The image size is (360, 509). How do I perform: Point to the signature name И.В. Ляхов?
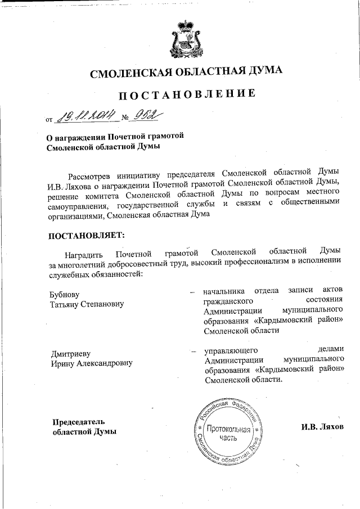(x=321, y=427)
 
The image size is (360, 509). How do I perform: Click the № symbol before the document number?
(x=125, y=118)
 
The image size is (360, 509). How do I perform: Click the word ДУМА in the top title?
(x=259, y=71)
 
